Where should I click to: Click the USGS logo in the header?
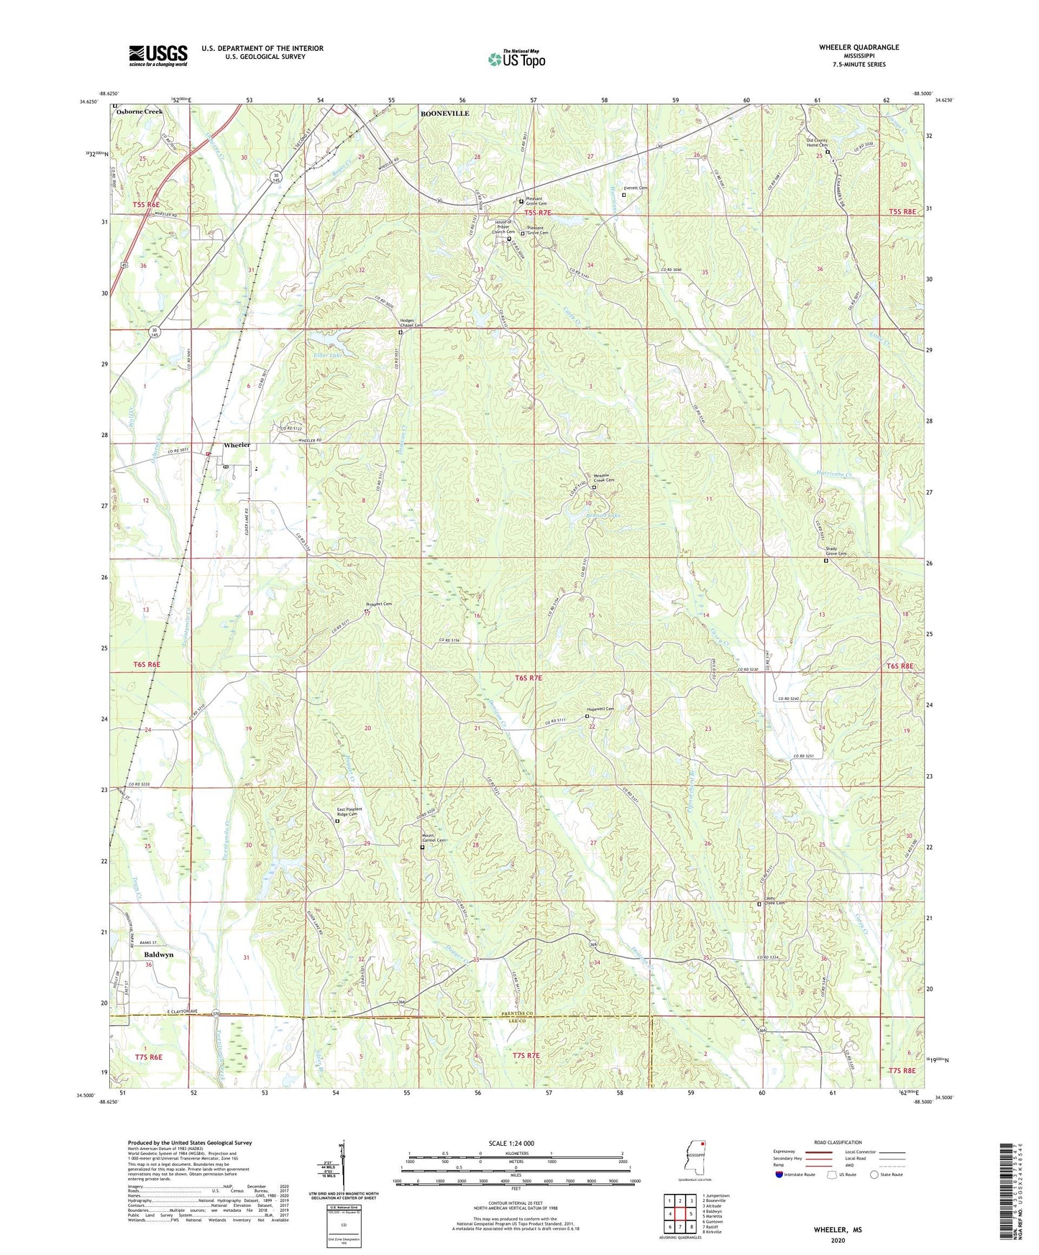(158, 55)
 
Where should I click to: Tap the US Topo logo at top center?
(517, 59)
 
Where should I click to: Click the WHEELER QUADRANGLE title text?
(859, 47)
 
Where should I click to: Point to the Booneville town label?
(444, 114)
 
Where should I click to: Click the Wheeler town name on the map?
(237, 445)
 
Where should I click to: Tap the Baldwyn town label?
(158, 955)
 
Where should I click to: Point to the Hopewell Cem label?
(601, 709)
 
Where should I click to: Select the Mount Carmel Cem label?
(434, 838)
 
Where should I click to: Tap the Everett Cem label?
(636, 188)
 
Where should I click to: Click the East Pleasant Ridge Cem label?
(349, 812)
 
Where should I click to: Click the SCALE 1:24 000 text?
(511, 1143)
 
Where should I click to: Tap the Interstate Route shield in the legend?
(780, 1174)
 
